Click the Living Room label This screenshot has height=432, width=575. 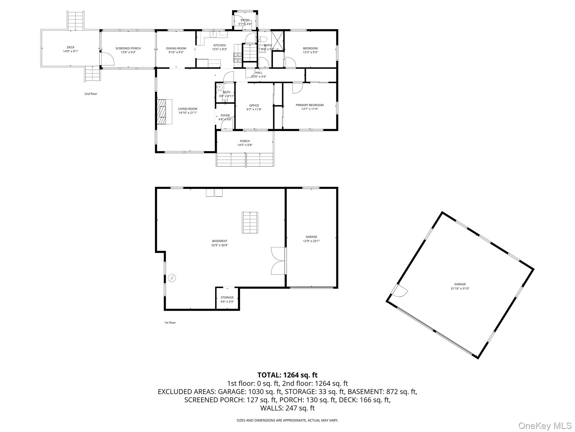[x=188, y=109]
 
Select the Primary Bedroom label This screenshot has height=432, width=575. [x=309, y=105]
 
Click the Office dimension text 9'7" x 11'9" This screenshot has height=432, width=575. [x=254, y=109]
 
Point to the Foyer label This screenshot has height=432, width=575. [x=225, y=115]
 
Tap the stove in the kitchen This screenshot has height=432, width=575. [x=238, y=58]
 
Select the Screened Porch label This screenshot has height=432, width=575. [x=128, y=48]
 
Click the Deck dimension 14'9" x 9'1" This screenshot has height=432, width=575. [x=70, y=51]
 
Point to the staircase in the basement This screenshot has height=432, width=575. [x=250, y=222]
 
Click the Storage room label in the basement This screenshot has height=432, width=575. [x=227, y=297]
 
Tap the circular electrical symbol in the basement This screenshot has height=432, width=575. [x=172, y=278]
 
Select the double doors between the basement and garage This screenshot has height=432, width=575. [x=278, y=261]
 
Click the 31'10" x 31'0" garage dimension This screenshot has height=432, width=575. [x=460, y=288]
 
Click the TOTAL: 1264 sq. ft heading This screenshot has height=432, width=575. [x=287, y=375]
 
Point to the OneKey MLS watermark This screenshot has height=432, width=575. [x=545, y=426]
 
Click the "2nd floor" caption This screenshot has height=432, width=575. [x=91, y=94]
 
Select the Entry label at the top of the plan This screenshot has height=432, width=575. [x=245, y=20]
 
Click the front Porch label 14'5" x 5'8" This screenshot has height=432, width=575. [x=245, y=143]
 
